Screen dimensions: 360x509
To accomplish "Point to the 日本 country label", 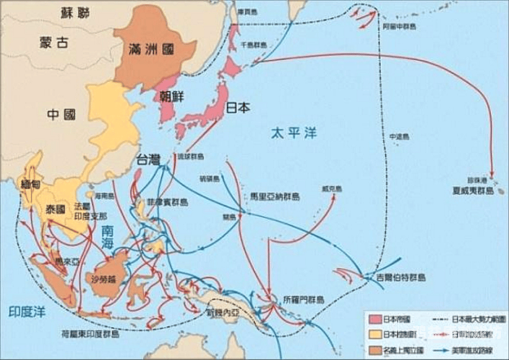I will click(x=238, y=108).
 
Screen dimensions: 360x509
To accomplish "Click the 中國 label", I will click(x=60, y=114).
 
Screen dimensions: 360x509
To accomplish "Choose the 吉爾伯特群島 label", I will click(x=395, y=277).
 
